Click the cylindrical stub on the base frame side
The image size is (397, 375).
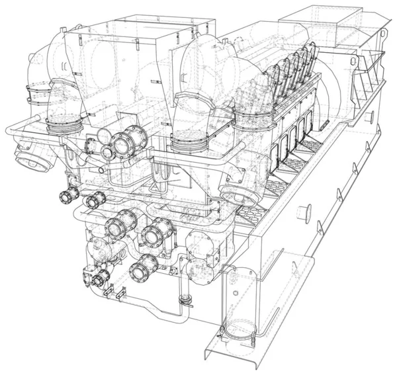[305, 213]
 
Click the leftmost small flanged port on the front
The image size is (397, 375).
[67, 196]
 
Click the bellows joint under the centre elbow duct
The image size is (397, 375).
[192, 141]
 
